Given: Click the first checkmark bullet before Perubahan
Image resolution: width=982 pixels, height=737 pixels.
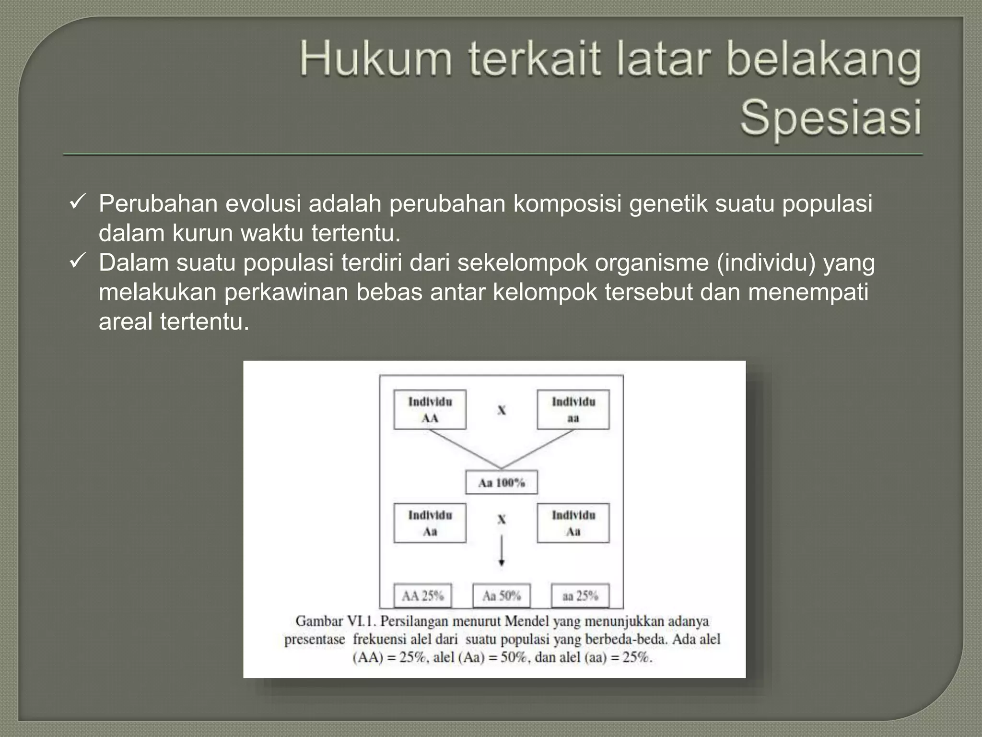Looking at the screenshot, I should (x=77, y=202).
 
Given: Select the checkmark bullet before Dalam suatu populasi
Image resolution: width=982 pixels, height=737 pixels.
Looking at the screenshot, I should (x=77, y=262).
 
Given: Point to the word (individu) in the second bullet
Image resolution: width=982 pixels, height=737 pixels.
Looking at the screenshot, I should (x=766, y=262).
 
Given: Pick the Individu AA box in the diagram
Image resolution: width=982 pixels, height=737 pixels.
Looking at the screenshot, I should (x=430, y=409).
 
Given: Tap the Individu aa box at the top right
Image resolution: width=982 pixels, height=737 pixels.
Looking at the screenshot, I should (x=573, y=409).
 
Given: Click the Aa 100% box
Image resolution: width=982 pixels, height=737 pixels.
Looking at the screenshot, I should (x=502, y=482).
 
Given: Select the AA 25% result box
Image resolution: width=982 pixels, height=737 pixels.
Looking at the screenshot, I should (x=423, y=596).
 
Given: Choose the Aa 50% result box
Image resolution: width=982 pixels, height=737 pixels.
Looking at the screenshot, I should (x=502, y=596).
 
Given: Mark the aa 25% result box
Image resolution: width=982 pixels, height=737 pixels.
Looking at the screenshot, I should (x=580, y=596).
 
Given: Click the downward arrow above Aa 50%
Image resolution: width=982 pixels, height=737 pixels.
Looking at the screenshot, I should (x=502, y=551).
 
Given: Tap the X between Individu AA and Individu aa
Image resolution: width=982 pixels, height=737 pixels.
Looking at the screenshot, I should (x=502, y=410).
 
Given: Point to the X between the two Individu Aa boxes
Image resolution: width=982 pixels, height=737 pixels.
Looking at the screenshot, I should (x=502, y=519).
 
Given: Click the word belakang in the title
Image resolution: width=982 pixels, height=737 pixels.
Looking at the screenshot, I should (x=823, y=60).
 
